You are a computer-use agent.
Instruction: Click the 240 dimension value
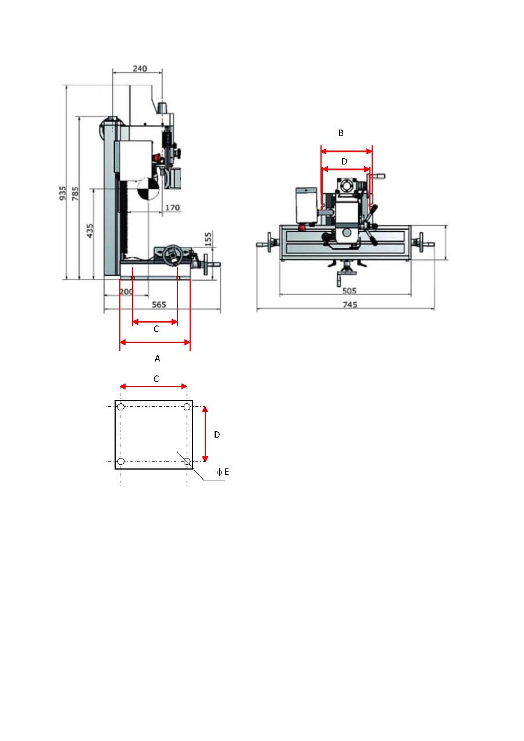tap(140, 69)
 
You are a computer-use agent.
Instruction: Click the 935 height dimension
tap(63, 193)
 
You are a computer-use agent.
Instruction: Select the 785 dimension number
tap(76, 194)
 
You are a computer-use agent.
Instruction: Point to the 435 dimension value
tap(90, 231)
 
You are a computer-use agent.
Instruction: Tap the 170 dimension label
tap(173, 207)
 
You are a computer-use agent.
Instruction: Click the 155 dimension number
tap(208, 239)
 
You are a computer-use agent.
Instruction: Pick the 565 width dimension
tap(159, 305)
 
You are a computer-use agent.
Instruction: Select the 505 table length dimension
tap(349, 291)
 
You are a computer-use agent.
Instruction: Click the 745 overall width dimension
tap(350, 305)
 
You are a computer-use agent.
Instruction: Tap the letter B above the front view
tap(341, 133)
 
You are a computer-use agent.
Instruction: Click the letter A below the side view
tap(158, 358)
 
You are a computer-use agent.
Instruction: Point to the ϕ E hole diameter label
tap(223, 472)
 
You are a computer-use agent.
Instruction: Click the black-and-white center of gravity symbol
tap(149, 189)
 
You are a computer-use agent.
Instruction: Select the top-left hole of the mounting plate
tap(121, 407)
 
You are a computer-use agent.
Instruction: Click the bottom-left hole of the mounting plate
tap(121, 461)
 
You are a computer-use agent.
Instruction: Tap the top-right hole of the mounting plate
tap(187, 407)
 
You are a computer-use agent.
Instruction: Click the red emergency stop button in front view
tap(302, 228)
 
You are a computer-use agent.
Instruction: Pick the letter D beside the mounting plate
tap(217, 435)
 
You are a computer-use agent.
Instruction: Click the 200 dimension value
tap(126, 292)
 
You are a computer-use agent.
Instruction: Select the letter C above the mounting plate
tap(156, 379)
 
